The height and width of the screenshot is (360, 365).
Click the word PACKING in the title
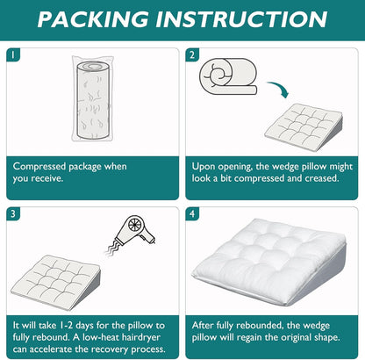pos(93,19)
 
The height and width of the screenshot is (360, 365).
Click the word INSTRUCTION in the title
pos(241,19)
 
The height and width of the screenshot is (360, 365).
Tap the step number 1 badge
pos(13,54)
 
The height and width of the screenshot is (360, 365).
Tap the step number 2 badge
pos(192,54)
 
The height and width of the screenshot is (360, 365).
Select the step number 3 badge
pos(13,213)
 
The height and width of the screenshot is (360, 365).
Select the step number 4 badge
pos(192,213)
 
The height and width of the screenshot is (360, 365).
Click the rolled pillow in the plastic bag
pos(93,98)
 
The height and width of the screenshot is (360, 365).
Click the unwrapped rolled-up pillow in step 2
pos(228,76)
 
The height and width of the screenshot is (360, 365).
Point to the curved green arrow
pos(279,89)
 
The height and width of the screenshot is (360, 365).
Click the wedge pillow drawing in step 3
pos(56,281)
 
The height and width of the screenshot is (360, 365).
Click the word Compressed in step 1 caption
pos(39,167)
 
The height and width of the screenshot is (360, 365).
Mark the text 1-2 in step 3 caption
pos(66,325)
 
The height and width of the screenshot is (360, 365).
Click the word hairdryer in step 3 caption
pos(141,337)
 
